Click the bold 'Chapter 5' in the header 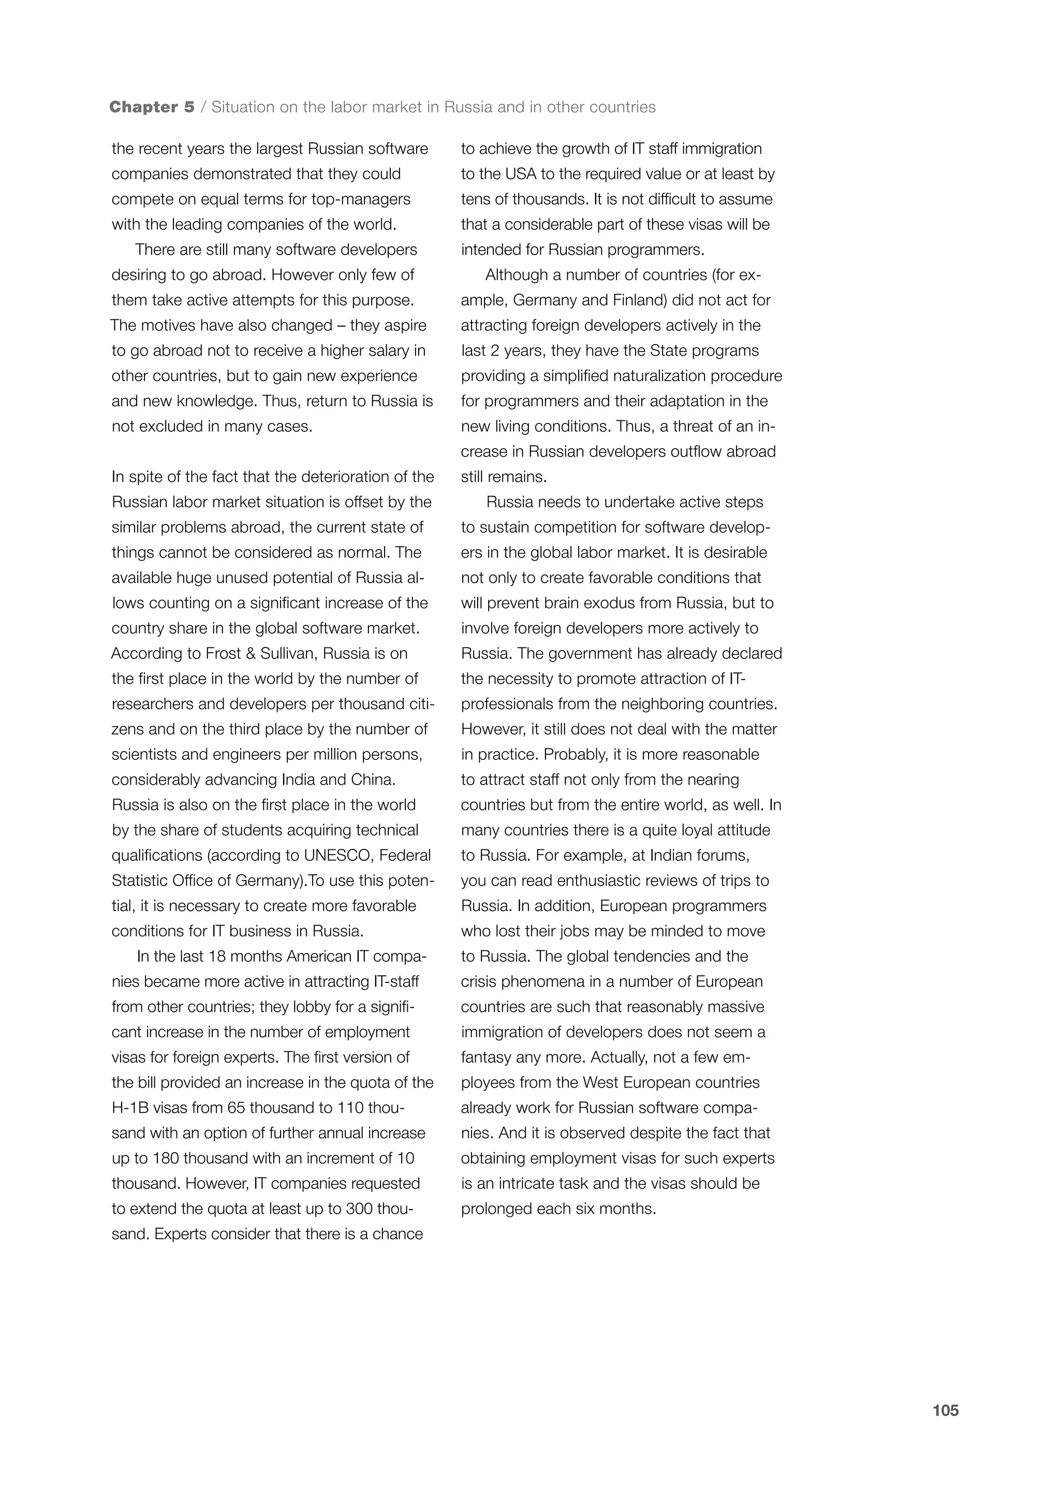(152, 107)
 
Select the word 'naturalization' (657, 376)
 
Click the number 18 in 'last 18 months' (217, 957)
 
